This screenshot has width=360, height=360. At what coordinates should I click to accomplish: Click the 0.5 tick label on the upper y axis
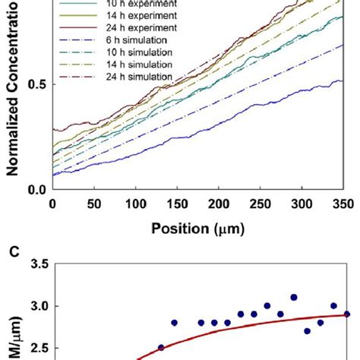click(35, 84)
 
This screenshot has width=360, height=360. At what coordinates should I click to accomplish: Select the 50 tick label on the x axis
click(94, 204)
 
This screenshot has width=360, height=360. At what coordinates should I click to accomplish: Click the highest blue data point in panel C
click(294, 298)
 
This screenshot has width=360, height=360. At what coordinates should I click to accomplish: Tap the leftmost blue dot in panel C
click(161, 347)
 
